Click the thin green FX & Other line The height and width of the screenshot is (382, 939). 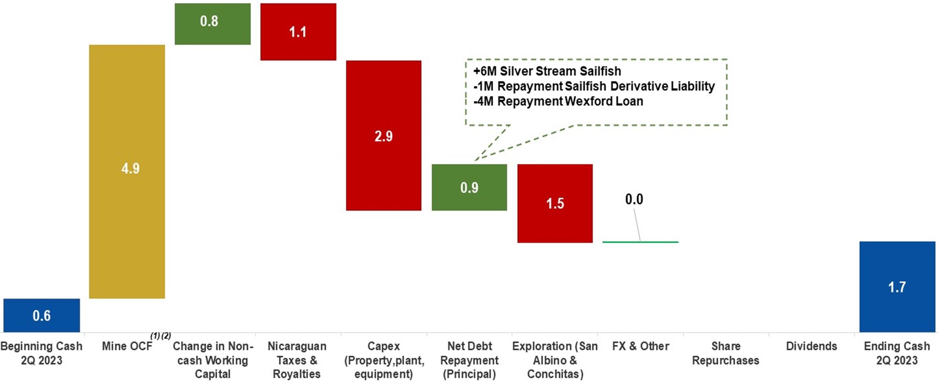640,242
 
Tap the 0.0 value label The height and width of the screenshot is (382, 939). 634,199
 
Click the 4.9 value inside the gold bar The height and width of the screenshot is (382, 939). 130,168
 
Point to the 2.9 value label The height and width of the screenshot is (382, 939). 383,136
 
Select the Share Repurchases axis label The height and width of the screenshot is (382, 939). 726,353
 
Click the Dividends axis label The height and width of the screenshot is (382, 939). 811,346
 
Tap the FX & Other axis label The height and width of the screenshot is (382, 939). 640,346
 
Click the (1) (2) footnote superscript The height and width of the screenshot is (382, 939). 160,336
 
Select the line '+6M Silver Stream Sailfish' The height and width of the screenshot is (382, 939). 547,71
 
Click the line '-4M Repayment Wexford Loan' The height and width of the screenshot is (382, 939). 558,101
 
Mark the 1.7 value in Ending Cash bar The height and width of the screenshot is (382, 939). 897,287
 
